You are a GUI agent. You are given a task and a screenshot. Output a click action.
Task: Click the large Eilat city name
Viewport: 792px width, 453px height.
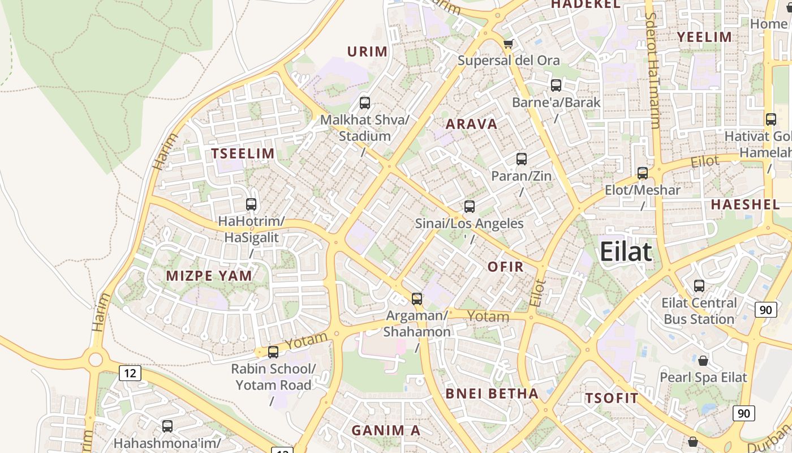tap(626, 251)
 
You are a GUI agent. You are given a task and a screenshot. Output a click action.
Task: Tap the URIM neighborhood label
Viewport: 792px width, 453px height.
tap(368, 52)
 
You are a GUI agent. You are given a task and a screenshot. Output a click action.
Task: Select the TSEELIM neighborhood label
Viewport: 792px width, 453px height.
tap(243, 153)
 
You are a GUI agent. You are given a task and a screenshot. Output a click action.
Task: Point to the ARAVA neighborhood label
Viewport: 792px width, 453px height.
tap(471, 124)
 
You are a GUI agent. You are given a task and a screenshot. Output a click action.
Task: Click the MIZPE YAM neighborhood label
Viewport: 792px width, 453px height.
tap(209, 276)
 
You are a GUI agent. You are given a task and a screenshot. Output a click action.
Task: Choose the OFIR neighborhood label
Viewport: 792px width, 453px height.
tap(505, 267)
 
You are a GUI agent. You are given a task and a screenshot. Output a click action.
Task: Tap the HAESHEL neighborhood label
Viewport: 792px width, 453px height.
tap(745, 204)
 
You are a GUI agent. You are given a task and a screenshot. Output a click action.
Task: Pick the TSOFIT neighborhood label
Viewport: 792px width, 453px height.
tap(612, 398)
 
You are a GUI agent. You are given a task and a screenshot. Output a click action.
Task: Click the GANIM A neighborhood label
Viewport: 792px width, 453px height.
tap(386, 430)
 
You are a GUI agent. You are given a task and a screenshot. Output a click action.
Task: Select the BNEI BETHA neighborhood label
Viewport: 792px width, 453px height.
tap(492, 394)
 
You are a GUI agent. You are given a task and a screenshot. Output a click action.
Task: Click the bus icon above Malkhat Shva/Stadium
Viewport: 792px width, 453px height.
tap(365, 103)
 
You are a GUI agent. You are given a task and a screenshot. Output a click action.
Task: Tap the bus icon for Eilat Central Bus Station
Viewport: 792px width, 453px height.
tap(699, 286)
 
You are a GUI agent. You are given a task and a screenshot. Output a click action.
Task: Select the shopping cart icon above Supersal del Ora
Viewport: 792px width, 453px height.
tap(508, 44)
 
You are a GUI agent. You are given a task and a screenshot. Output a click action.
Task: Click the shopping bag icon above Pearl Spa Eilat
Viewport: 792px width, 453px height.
tap(703, 360)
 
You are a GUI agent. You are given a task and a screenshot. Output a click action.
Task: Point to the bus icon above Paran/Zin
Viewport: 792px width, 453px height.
tap(522, 159)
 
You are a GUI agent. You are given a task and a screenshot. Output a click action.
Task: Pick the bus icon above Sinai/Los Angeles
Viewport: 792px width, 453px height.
tap(469, 207)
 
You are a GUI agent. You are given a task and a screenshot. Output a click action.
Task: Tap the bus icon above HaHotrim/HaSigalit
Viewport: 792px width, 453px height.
tap(251, 204)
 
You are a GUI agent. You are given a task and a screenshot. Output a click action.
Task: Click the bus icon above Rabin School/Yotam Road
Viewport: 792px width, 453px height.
tap(273, 352)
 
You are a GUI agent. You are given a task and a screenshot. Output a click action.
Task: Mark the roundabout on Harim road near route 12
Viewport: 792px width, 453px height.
tap(95, 358)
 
